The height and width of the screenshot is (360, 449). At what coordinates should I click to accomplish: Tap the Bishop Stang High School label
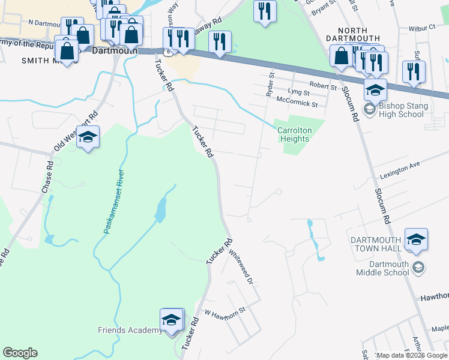click(x=402, y=110)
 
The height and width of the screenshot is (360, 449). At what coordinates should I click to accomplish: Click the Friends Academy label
click(x=130, y=330)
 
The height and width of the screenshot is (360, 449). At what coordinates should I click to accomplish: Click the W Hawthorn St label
click(x=226, y=312)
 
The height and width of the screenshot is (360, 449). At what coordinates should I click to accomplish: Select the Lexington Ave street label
click(x=400, y=173)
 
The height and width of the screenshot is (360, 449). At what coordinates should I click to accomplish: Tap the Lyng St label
click(x=298, y=92)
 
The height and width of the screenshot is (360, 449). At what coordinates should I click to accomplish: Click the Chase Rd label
click(x=47, y=178)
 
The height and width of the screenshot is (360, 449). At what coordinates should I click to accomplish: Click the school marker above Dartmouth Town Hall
click(x=416, y=239)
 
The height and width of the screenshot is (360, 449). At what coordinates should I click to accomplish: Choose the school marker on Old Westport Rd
click(x=88, y=137)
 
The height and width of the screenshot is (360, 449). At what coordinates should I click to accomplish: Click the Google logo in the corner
click(x=20, y=353)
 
